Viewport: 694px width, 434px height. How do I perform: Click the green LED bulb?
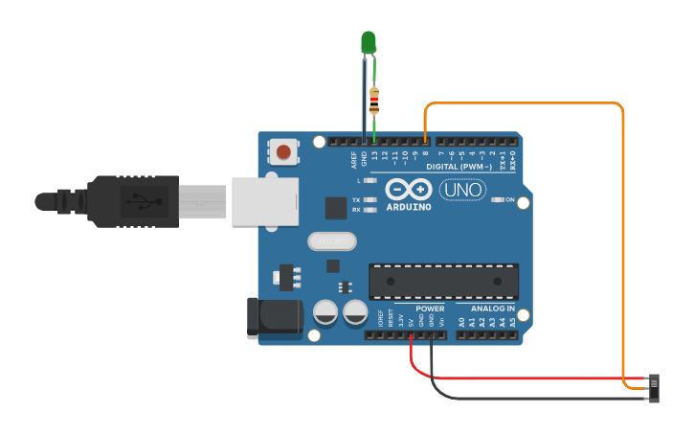(x=369, y=41)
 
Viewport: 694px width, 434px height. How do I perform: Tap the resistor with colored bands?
(x=373, y=96)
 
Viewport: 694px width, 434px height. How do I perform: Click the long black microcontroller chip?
(x=443, y=281)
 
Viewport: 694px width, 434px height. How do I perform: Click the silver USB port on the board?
(x=264, y=201)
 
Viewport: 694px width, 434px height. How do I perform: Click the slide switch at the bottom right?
(x=656, y=387)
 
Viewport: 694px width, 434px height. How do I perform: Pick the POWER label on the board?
(x=430, y=309)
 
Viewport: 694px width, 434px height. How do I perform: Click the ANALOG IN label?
(x=492, y=309)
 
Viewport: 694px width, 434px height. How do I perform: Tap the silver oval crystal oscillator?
(x=331, y=240)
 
